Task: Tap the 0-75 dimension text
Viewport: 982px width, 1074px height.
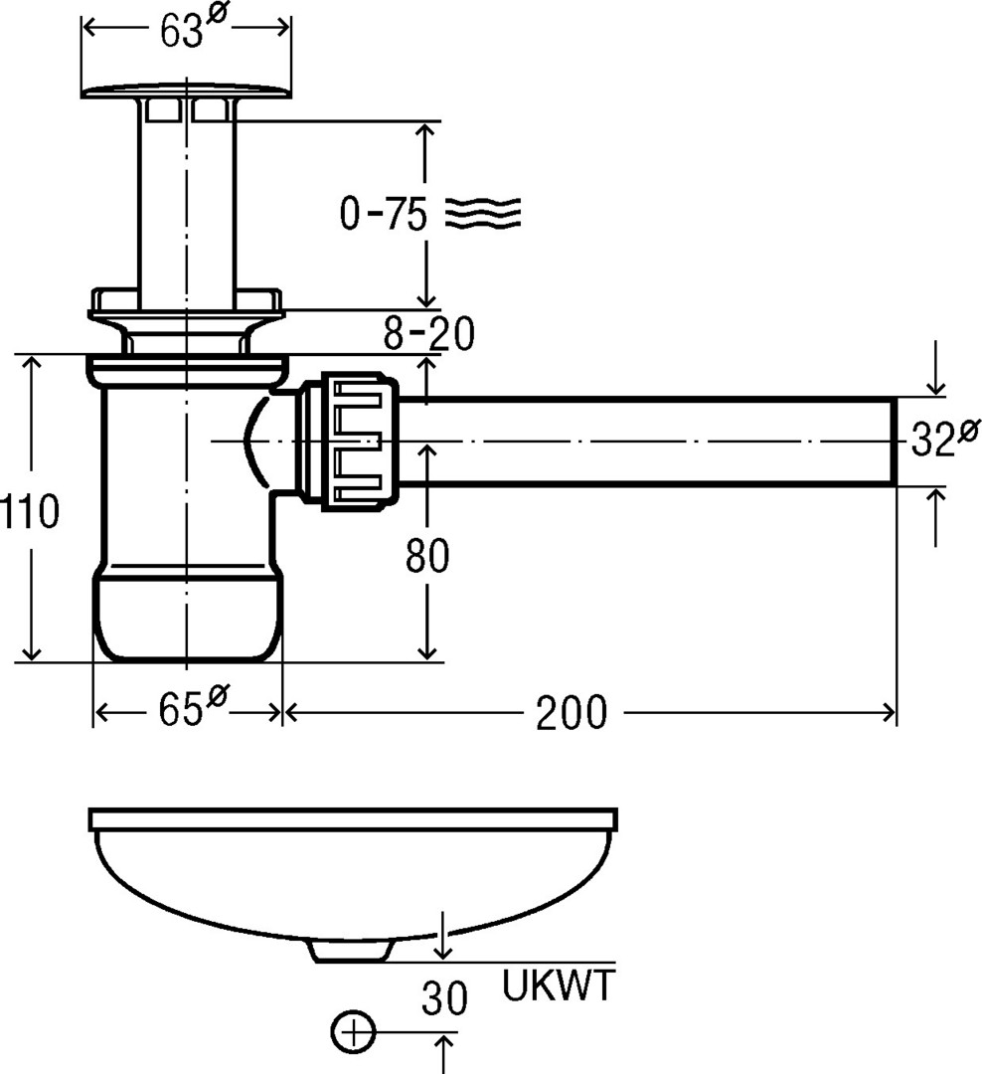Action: (x=384, y=214)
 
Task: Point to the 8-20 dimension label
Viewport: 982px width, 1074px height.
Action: (x=429, y=335)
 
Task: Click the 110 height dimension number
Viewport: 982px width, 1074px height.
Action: (x=30, y=511)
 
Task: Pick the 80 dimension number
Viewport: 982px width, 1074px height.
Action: (x=427, y=557)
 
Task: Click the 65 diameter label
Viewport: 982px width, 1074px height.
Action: (x=189, y=712)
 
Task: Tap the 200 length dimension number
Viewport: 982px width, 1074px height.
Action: (x=571, y=712)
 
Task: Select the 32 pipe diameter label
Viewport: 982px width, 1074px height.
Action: (x=944, y=439)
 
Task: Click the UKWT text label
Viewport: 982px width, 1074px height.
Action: (x=558, y=987)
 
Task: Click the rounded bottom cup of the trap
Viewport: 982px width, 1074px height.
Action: (x=187, y=617)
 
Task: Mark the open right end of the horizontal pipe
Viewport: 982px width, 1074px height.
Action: (x=895, y=441)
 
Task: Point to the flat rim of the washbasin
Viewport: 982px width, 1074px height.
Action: (x=354, y=819)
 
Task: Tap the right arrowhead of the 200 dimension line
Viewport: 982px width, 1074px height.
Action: (x=889, y=712)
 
